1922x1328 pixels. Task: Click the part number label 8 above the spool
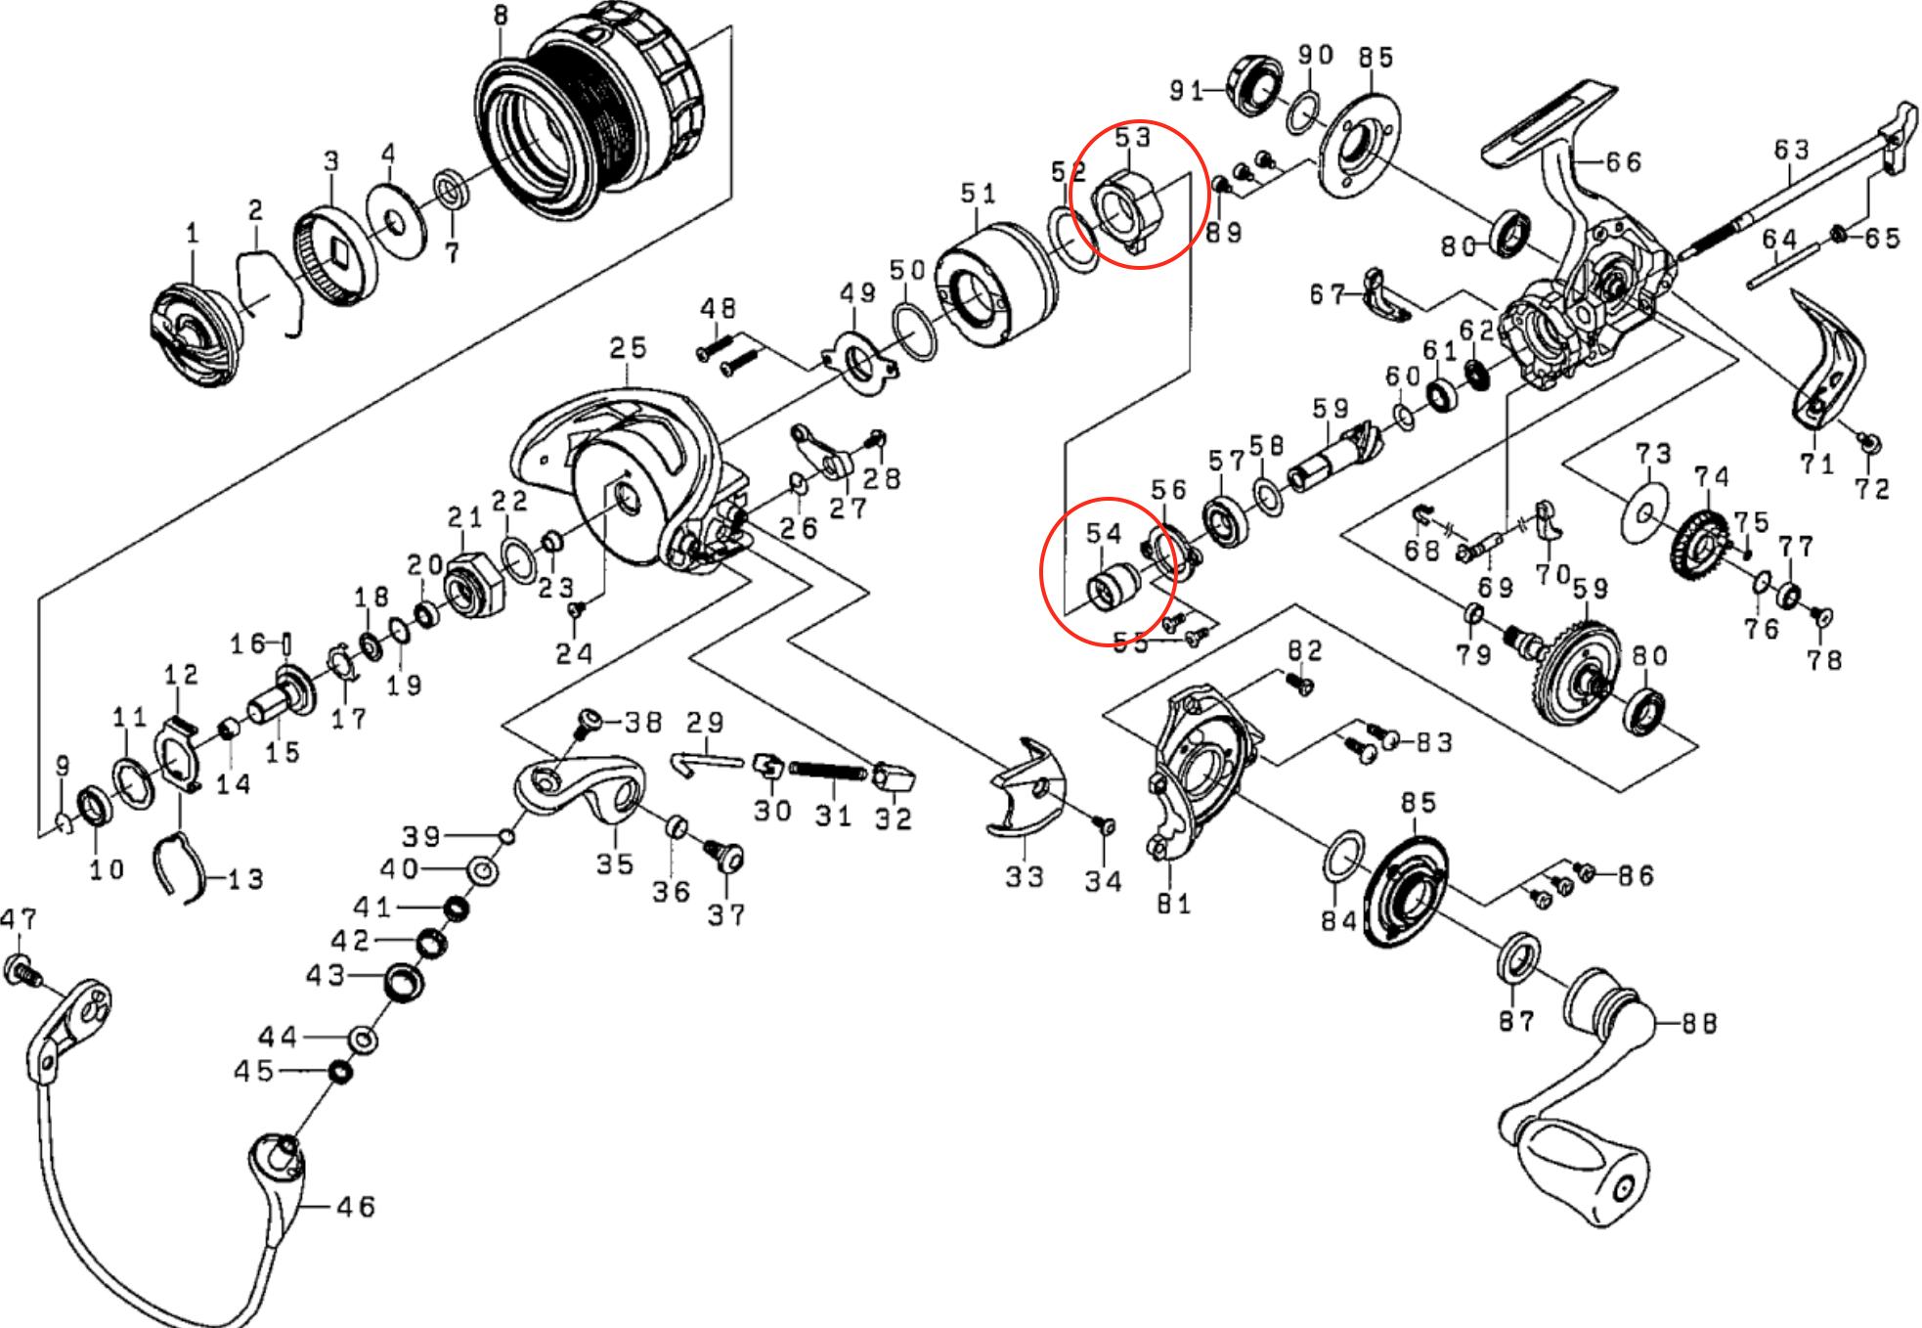coord(502,17)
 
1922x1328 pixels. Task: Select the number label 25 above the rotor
coord(629,348)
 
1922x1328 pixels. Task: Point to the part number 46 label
coord(355,1208)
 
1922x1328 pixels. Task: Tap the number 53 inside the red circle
coord(1132,138)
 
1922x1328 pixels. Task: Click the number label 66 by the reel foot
coord(1623,161)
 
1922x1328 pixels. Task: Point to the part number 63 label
coord(1792,150)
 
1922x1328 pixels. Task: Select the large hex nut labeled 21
coord(472,584)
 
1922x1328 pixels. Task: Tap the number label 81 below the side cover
coord(1173,904)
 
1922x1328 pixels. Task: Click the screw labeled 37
coord(726,861)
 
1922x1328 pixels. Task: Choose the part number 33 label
coord(1025,876)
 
